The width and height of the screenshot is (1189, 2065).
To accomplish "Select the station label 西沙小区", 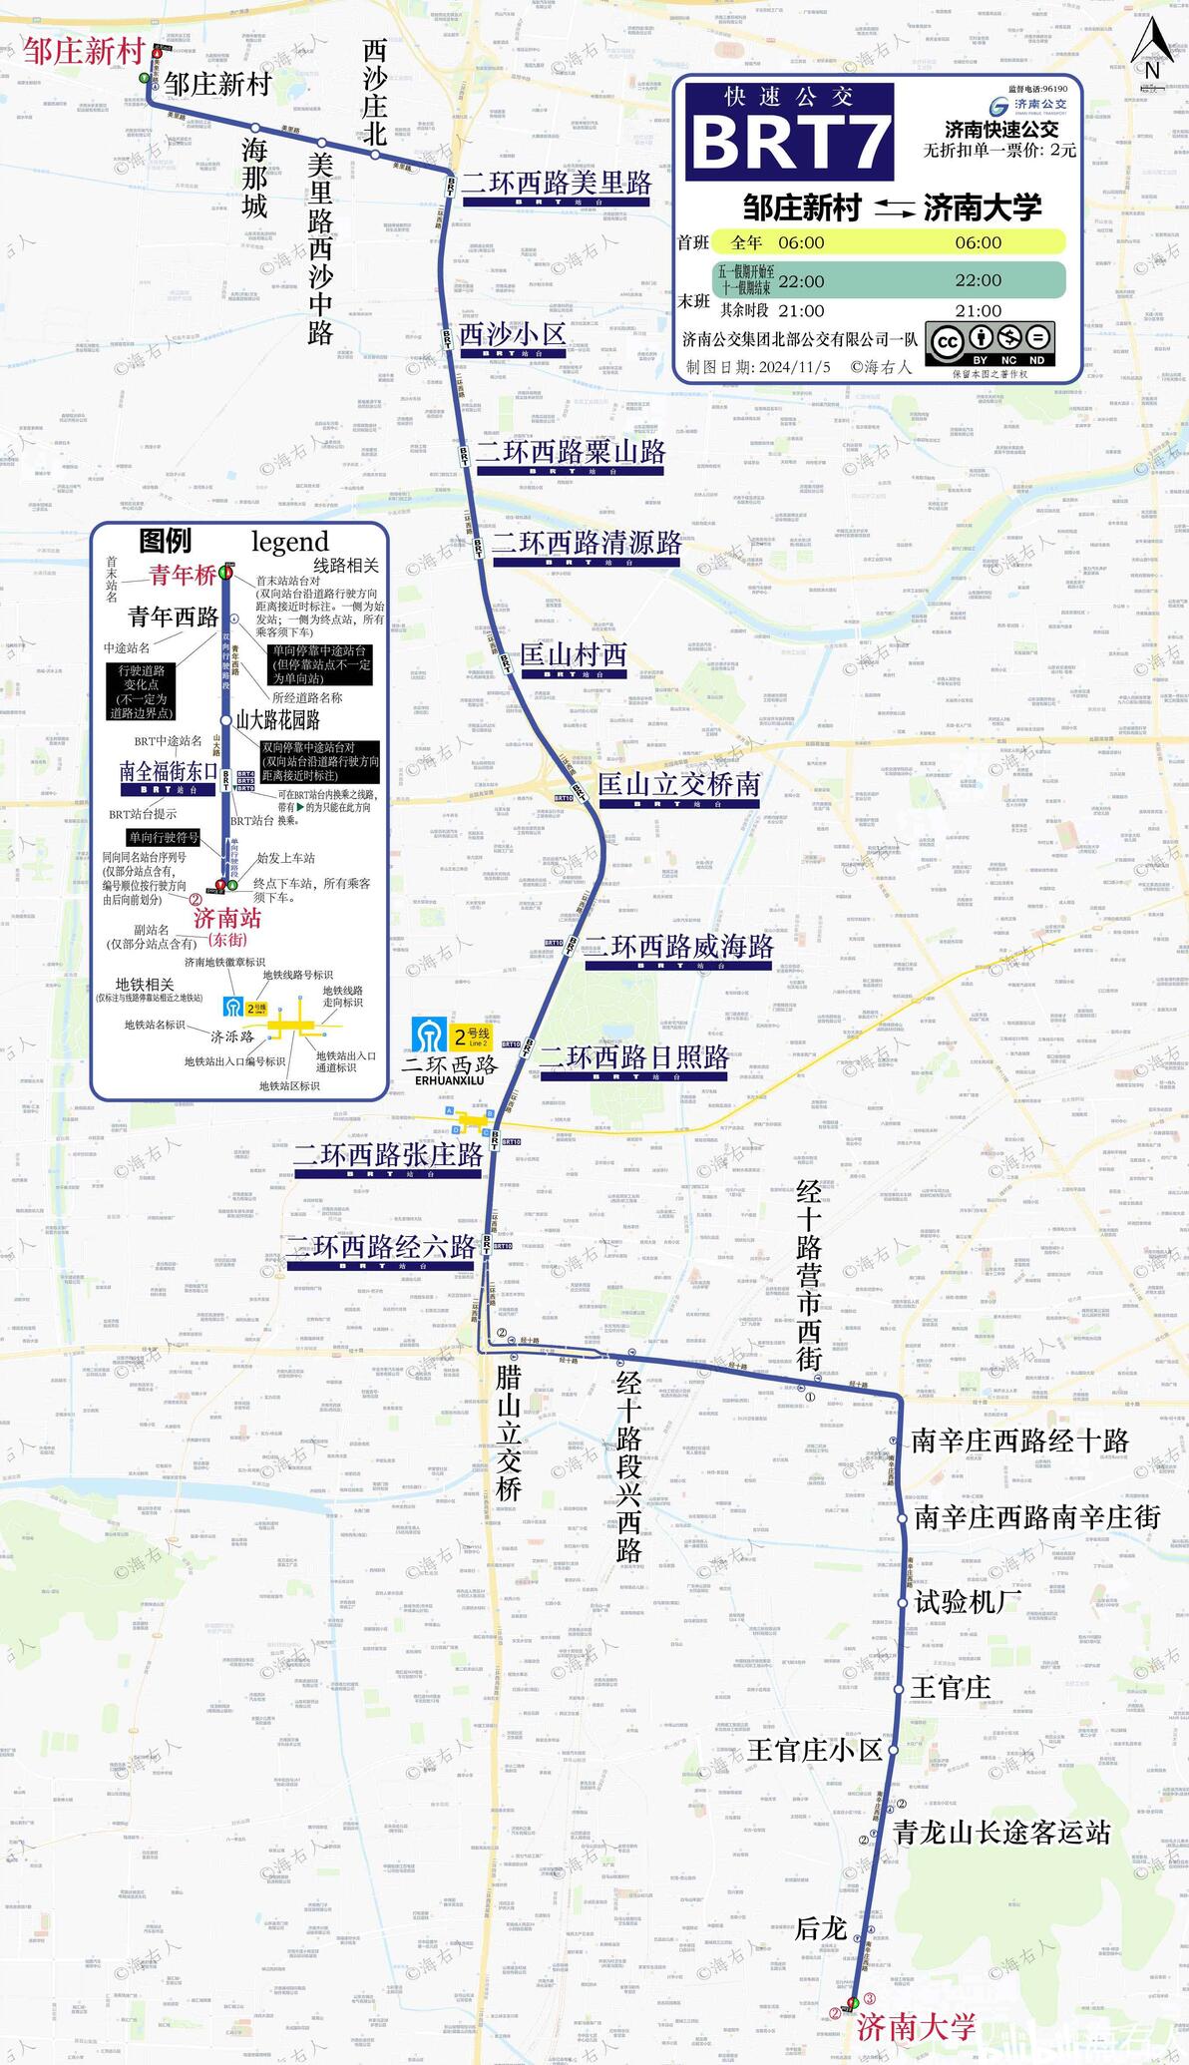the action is (x=513, y=334).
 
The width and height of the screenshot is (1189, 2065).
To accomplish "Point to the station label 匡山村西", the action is (x=573, y=655).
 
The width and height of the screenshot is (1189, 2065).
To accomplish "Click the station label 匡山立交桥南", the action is (x=678, y=784).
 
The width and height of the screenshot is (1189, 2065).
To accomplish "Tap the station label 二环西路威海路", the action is (x=678, y=946).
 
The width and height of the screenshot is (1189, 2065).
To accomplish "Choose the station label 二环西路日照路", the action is (x=633, y=1057).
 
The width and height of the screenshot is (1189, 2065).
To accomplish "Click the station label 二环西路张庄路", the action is (x=388, y=1154).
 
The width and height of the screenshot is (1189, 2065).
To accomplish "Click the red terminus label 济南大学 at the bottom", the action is (x=916, y=2026).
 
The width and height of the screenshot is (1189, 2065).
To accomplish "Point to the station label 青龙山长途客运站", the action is (x=1000, y=1832).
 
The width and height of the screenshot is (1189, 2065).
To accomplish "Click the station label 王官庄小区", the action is (x=815, y=1750).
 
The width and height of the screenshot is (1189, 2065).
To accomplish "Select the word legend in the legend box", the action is (x=289, y=542).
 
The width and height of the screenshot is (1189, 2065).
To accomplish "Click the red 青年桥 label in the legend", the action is (x=182, y=575).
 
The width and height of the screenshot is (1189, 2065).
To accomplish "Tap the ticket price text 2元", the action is (x=1062, y=150).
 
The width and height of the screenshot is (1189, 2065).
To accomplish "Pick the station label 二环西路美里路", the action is (x=556, y=183).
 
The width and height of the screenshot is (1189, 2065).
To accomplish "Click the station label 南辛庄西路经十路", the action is (x=1019, y=1441).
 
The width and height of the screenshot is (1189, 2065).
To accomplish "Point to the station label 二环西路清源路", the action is (x=587, y=543).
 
